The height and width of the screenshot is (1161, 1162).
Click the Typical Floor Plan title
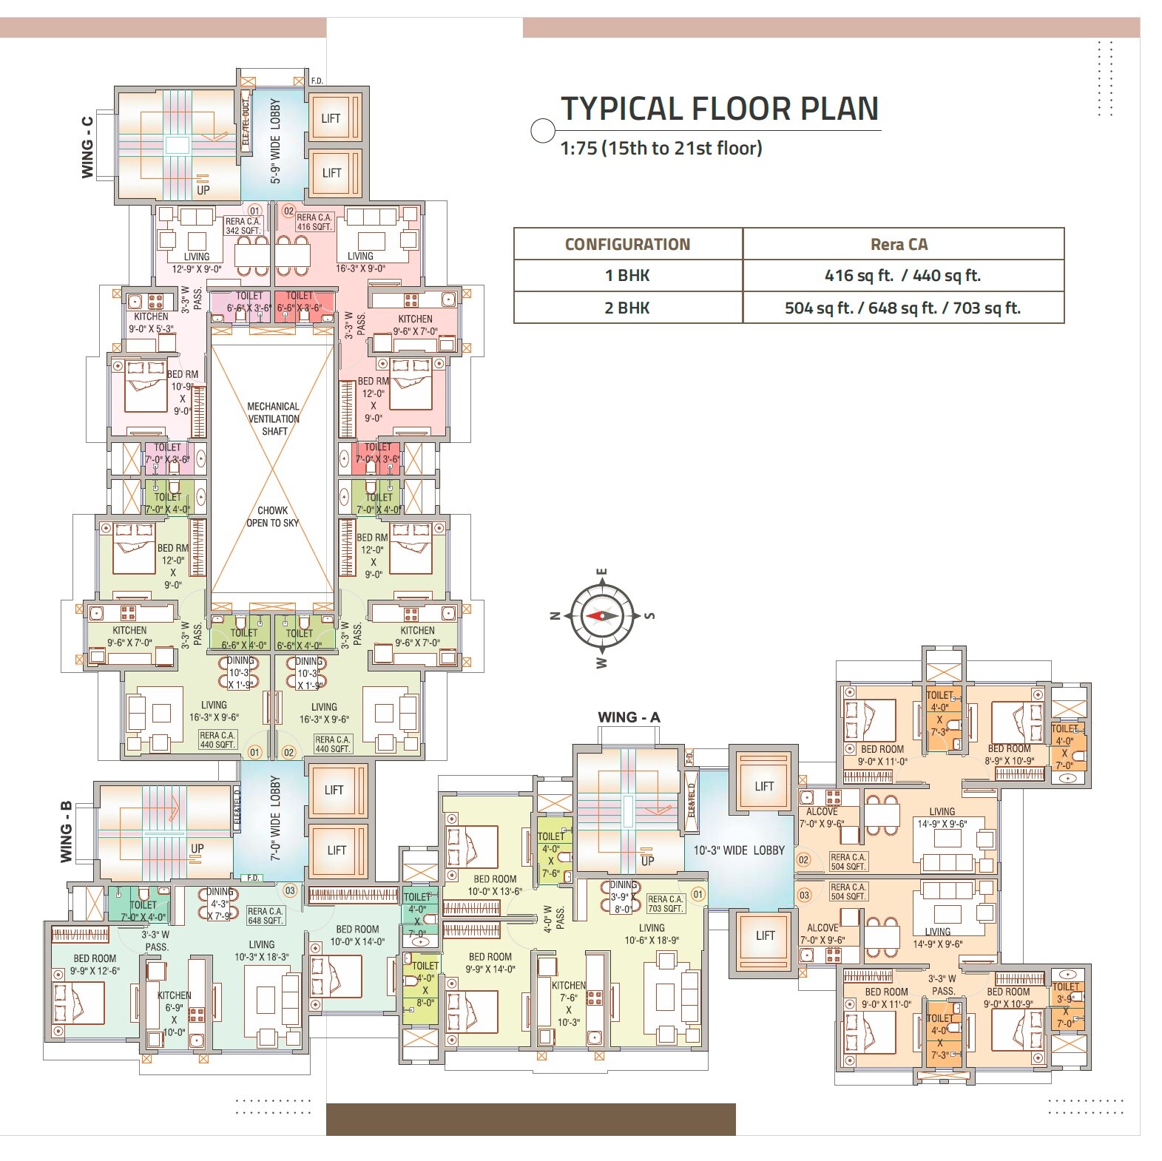coord(719,109)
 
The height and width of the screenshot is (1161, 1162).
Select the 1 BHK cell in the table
coord(627,276)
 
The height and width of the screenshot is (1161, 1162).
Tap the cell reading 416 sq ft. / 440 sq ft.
coord(902,276)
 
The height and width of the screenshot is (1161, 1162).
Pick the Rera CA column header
coord(902,244)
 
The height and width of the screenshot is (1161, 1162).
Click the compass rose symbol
coord(603,615)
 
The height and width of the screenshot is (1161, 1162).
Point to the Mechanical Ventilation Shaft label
coord(273,419)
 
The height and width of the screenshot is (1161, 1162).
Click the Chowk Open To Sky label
coord(272,516)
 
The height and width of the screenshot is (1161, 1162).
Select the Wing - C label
coord(87,146)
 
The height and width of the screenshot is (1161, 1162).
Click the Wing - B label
coord(66,832)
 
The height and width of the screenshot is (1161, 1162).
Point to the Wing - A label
coord(629,717)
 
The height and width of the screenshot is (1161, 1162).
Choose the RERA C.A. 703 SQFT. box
coord(665,904)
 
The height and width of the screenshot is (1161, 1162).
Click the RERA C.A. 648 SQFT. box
coord(265,915)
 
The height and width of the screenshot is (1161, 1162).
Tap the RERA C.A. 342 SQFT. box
coord(243,226)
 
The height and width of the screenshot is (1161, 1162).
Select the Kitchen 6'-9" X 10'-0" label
coord(174,1013)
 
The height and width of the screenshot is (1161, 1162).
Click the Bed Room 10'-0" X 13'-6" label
coord(494,885)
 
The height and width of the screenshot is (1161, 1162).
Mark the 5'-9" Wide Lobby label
coord(275,141)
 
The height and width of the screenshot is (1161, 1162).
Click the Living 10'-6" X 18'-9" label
coord(652,934)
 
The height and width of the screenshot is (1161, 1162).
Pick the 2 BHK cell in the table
coord(627,308)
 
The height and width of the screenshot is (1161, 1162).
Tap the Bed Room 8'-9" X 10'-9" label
coord(1009,754)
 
